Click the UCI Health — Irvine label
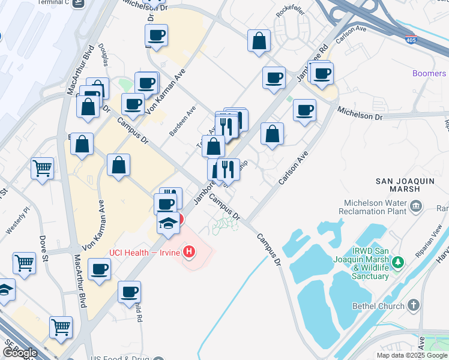[144, 253]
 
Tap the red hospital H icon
[190, 251]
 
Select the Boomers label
[429, 73]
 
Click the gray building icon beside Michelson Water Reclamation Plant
[415, 208]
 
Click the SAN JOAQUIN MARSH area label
[403, 185]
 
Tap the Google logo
[20, 352]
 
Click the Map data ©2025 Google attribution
[412, 355]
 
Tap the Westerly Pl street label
[17, 220]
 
